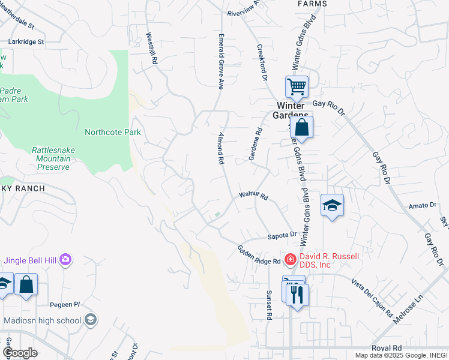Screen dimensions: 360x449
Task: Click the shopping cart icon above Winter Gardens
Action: (x=297, y=88)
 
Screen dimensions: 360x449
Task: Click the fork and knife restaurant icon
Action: (x=298, y=295)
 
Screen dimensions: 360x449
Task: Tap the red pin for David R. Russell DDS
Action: (x=290, y=259)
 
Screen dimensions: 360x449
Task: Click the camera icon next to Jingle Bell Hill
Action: (x=65, y=260)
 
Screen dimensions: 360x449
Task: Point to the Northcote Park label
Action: (x=113, y=132)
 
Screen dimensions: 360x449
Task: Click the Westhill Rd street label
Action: (x=152, y=49)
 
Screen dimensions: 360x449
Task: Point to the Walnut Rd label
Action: (x=253, y=195)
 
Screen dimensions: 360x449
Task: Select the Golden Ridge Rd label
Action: (x=259, y=255)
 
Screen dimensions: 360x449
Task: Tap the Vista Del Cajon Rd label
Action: (x=372, y=298)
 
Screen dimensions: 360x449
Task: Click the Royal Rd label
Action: (x=387, y=348)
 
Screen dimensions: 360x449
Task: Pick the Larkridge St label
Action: (x=26, y=42)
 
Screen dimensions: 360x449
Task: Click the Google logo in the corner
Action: (x=20, y=353)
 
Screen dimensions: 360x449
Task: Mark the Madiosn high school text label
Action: (x=42, y=320)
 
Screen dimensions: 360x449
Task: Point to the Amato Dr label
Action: (x=421, y=205)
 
